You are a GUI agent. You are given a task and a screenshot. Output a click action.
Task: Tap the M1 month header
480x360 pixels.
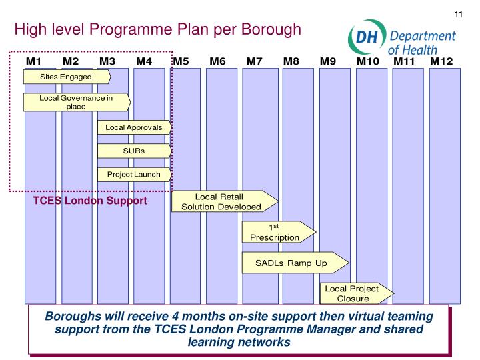click(x=34, y=62)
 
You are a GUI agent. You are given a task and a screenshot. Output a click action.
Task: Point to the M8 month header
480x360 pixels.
click(x=291, y=62)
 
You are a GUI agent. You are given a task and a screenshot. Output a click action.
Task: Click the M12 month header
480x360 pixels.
click(x=441, y=62)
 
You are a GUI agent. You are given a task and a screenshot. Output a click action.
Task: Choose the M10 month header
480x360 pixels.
click(x=368, y=62)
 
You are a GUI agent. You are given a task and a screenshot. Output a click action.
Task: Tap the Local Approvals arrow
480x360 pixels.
click(x=135, y=127)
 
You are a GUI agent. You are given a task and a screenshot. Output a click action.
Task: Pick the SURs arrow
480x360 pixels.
click(x=135, y=151)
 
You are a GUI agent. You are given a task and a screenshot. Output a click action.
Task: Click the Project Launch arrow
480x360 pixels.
click(x=135, y=175)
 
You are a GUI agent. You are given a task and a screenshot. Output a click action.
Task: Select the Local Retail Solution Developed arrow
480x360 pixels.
click(x=223, y=201)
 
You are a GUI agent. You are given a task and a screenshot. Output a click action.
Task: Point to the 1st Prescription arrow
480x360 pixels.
click(x=276, y=231)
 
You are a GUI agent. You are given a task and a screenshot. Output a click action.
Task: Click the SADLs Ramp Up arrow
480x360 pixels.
click(x=293, y=263)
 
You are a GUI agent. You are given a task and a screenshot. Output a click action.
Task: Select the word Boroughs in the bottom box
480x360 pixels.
click(x=91, y=315)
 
